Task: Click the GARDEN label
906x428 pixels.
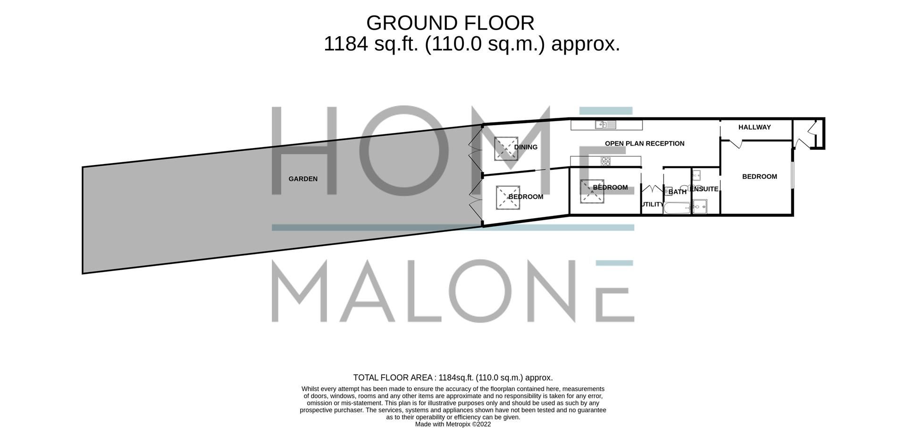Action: tap(303, 179)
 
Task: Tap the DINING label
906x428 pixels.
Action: tap(526, 147)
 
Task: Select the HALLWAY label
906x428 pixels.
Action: tap(755, 127)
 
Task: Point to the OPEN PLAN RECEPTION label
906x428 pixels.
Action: tap(645, 144)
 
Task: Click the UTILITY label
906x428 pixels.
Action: tap(653, 205)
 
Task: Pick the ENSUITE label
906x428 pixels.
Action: tap(705, 189)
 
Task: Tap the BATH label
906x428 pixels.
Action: tap(678, 192)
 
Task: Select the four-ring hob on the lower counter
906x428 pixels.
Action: tap(605, 161)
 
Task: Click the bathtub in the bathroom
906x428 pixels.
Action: tap(677, 208)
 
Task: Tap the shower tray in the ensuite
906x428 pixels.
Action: tap(700, 206)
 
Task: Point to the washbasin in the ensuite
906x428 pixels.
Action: tap(696, 175)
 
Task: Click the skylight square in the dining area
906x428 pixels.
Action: tap(506, 148)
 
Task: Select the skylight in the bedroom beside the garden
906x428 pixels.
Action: tap(508, 198)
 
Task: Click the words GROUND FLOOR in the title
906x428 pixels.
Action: tap(450, 23)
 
